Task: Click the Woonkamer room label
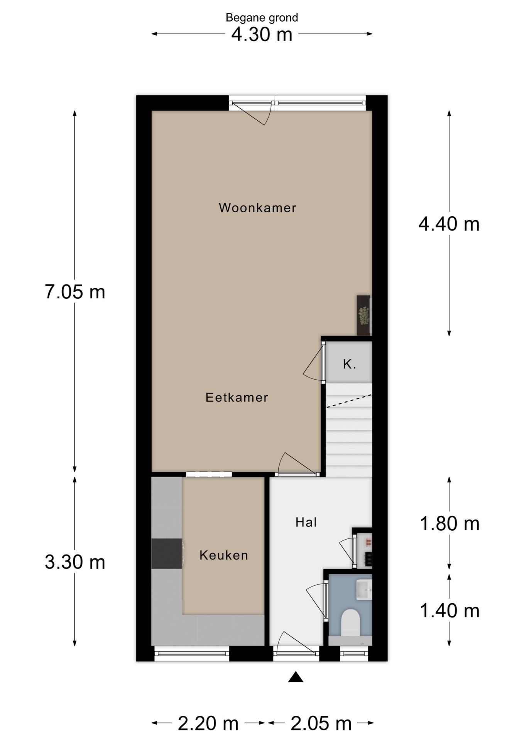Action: coord(257,208)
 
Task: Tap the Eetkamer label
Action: coord(237,397)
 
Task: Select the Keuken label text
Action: coord(224,555)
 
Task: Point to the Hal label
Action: coord(306,522)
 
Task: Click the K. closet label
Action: coord(349,364)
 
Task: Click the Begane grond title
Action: coord(262,18)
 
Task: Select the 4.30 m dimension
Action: coord(262,34)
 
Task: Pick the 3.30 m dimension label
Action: coord(75,562)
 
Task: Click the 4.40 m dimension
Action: coord(449,224)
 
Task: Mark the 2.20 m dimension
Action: coord(208,723)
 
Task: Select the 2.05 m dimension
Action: coord(321,723)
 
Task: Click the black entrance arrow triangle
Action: coord(296,677)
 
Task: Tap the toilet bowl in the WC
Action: coord(351,622)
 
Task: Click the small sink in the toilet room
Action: coord(364,590)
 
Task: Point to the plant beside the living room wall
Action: coord(364,316)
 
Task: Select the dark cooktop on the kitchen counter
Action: coord(167,553)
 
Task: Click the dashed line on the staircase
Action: coord(349,401)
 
